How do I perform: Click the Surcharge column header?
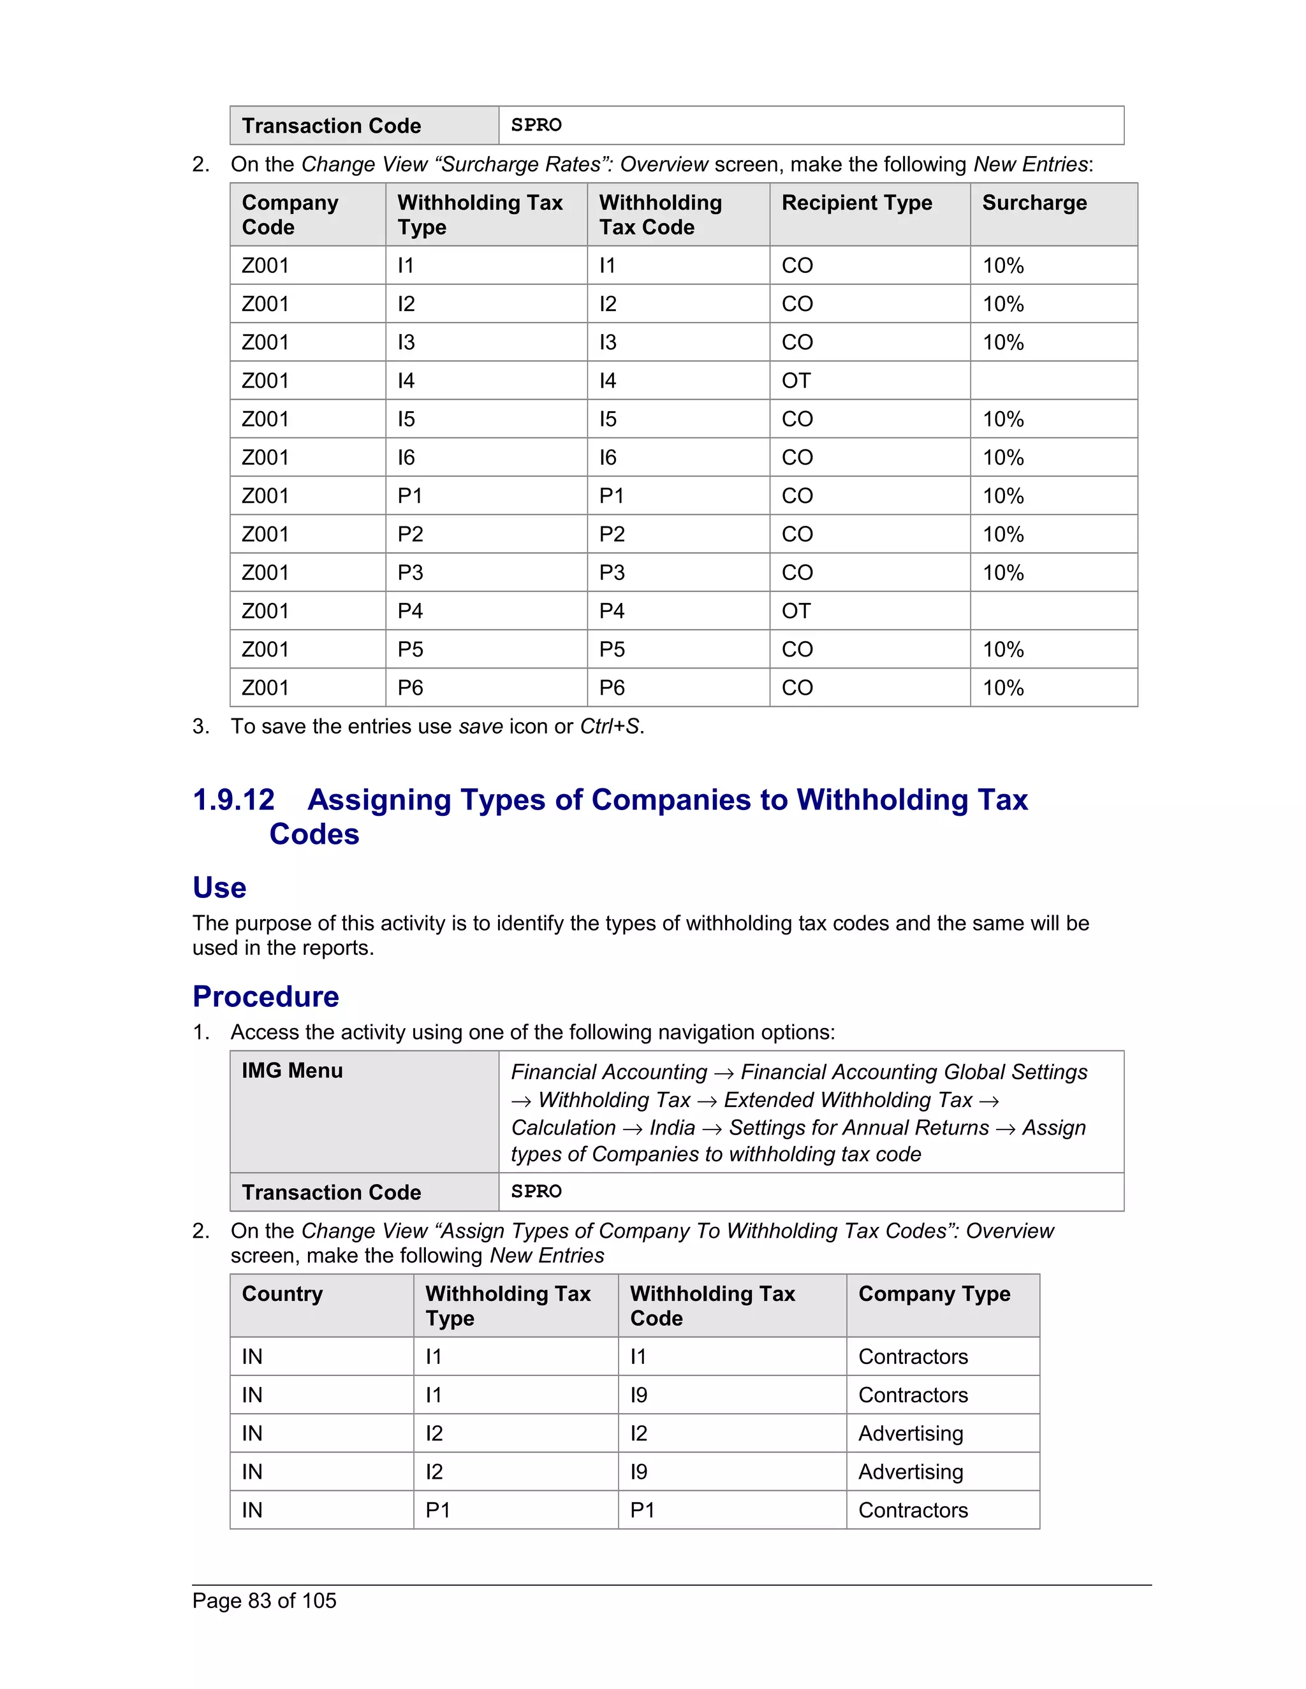(1034, 203)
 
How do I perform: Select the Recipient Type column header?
(856, 203)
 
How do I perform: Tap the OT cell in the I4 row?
(795, 381)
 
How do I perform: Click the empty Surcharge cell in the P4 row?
(1053, 611)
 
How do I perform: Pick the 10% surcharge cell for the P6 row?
(1002, 688)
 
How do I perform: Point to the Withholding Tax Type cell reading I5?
(406, 419)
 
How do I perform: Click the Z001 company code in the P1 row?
(265, 496)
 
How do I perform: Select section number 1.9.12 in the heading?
(233, 800)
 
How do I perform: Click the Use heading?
(219, 887)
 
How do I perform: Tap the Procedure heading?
(265, 996)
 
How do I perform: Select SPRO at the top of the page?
(536, 126)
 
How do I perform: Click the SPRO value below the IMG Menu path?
(536, 1192)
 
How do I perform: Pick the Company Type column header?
(934, 1294)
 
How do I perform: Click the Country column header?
(282, 1294)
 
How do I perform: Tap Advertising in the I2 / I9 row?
(910, 1472)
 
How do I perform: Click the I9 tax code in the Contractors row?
(638, 1395)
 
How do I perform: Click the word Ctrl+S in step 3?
(610, 726)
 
